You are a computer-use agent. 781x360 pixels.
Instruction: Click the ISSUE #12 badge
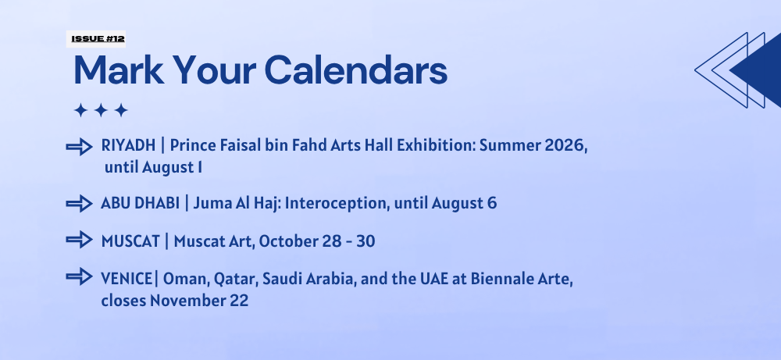95,39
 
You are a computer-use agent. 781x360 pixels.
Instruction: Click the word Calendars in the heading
355,70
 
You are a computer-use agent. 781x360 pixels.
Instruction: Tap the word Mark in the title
119,70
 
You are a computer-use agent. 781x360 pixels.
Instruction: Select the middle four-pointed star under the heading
101,110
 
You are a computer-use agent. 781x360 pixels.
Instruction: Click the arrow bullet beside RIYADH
79,147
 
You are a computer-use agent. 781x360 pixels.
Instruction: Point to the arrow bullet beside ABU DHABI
79,204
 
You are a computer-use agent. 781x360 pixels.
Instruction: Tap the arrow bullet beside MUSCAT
79,240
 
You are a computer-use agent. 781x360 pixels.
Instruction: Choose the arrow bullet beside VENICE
79,276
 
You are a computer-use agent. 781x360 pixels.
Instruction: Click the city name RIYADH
129,145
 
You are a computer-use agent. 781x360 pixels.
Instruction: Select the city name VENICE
127,278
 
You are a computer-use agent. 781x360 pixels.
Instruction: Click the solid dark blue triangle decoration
757,70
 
